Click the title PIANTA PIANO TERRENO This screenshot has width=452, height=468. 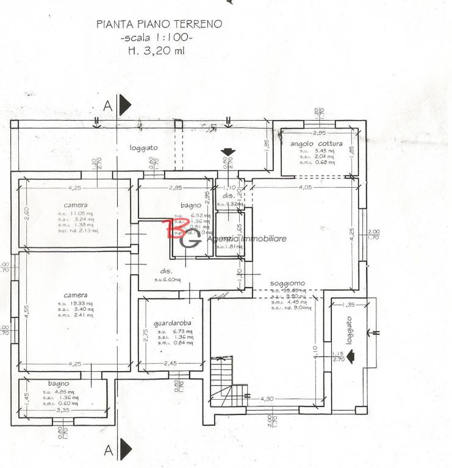[x=159, y=25]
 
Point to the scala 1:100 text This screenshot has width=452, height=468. [x=158, y=38]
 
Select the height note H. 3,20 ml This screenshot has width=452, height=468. [x=156, y=51]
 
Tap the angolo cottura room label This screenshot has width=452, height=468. [x=316, y=144]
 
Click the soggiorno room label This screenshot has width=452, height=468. [x=288, y=283]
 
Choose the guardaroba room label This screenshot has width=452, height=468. [x=173, y=323]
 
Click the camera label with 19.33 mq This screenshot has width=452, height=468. [x=75, y=295]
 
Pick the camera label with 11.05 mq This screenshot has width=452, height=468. [x=75, y=205]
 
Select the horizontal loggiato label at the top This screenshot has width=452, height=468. [x=143, y=148]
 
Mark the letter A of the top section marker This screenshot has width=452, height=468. [x=108, y=105]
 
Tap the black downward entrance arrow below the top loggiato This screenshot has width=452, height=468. [x=228, y=152]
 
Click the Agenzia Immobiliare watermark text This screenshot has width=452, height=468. [x=246, y=239]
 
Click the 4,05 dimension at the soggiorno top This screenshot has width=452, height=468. [x=305, y=188]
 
